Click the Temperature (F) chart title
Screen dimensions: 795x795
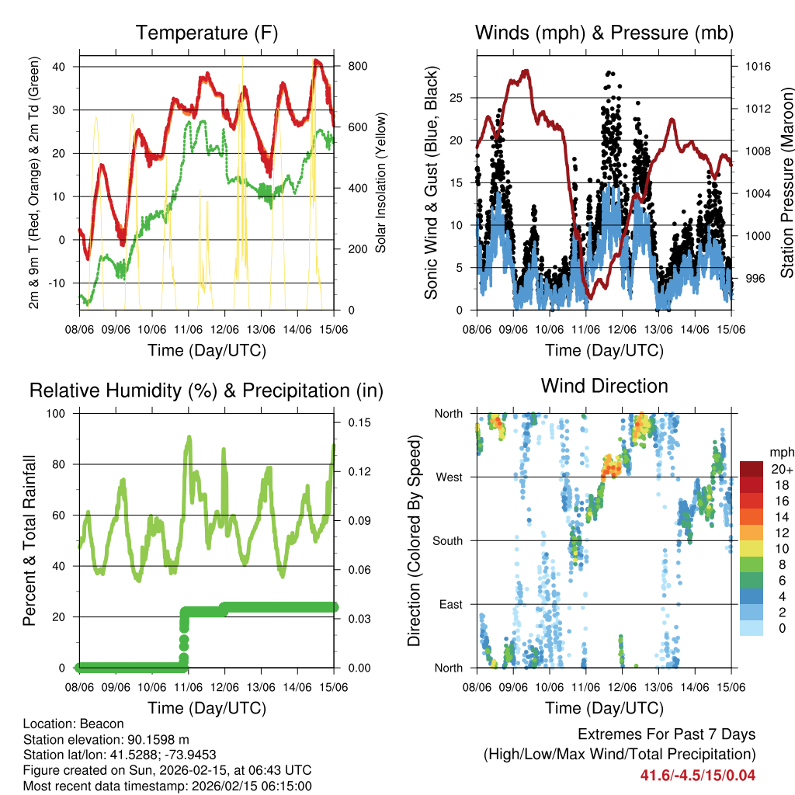207,33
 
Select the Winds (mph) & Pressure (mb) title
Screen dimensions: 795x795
604,33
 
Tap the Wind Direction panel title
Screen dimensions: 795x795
604,386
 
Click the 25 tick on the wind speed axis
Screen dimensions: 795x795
457,98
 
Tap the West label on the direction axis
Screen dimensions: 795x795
449,477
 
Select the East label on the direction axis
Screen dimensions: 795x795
450,604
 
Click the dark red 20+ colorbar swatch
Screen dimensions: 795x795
752,470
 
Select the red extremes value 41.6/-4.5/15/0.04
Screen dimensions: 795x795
697,775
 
